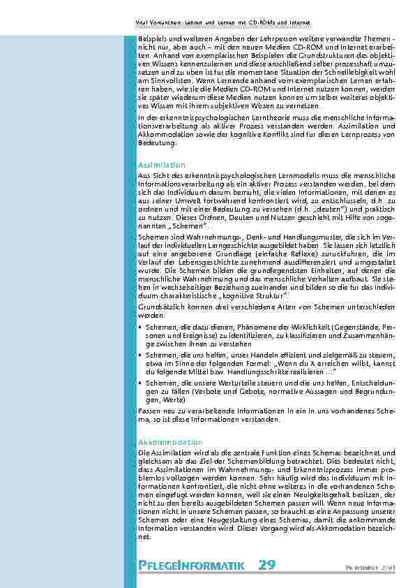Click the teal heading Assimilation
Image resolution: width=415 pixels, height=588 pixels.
click(157, 165)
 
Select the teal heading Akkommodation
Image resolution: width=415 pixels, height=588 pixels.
click(160, 443)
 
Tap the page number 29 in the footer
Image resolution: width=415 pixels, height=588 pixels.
click(266, 564)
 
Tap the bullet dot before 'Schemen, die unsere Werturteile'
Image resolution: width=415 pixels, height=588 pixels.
click(142, 383)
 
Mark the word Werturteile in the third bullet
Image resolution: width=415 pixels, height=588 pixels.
click(233, 383)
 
